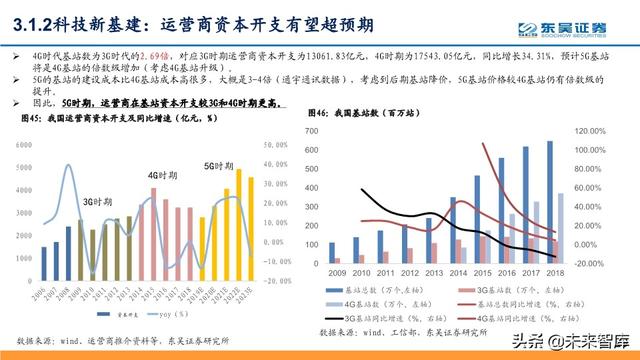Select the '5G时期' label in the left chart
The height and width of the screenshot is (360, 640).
[x=223, y=163]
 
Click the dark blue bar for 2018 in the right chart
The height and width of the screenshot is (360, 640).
[x=549, y=201]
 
